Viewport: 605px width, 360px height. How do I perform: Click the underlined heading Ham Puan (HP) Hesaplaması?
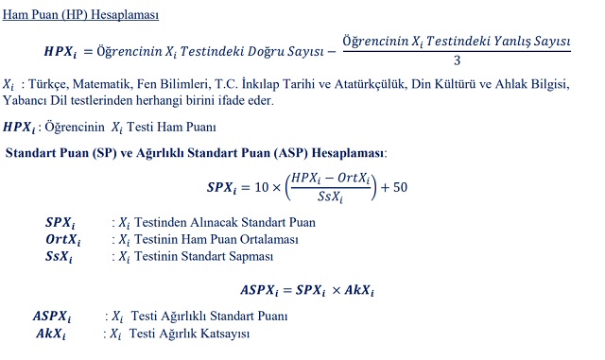[81, 16]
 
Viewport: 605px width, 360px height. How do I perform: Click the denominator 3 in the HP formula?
[456, 61]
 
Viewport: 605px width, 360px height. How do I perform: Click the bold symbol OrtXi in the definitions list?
[63, 239]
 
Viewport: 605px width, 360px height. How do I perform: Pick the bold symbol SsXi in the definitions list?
[58, 256]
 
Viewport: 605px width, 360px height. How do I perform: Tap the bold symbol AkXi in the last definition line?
[51, 334]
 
